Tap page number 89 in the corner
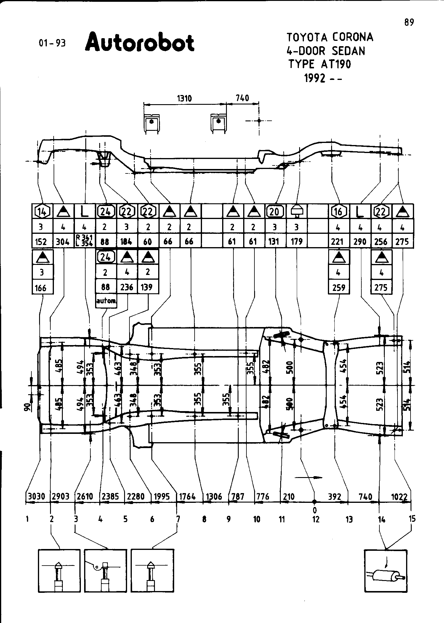point(409,22)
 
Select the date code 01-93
point(52,43)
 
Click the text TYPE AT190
point(320,64)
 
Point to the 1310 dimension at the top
point(184,98)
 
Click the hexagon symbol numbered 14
point(42,211)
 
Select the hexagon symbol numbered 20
point(275,211)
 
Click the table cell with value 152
point(41,242)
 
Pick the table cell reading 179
point(296,242)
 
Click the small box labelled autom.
point(106,301)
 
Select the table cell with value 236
point(127,287)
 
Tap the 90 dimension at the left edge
point(27,408)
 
